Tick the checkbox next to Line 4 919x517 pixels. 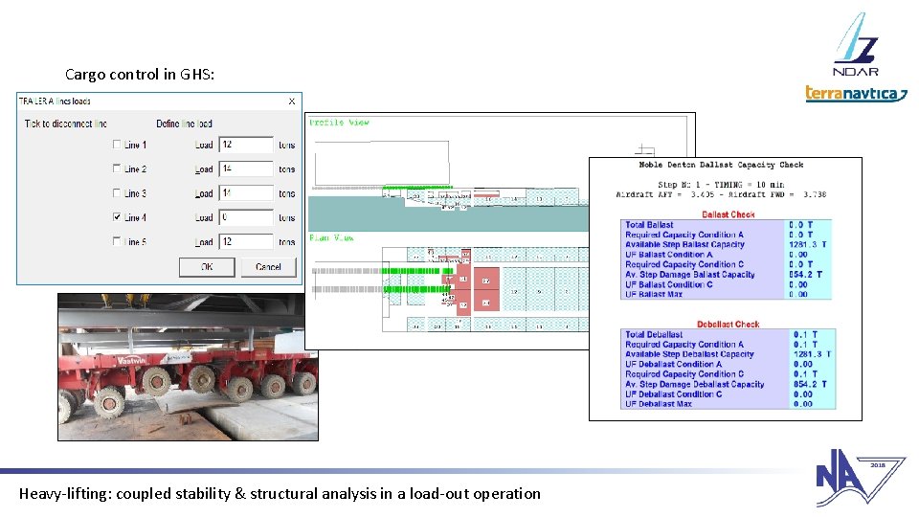[x=117, y=217]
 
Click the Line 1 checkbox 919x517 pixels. [x=117, y=145]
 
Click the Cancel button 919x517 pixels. [x=268, y=267]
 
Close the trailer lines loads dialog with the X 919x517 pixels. [x=292, y=101]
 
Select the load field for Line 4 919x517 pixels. [x=246, y=217]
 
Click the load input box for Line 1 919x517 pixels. [x=246, y=145]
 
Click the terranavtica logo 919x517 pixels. [x=855, y=93]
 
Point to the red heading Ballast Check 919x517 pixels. [x=728, y=214]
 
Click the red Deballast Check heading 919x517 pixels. [x=728, y=325]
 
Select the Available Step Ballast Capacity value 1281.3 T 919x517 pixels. [x=808, y=244]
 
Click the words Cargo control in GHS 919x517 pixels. [x=146, y=74]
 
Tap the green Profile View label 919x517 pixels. [x=339, y=123]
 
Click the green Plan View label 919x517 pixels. [x=331, y=237]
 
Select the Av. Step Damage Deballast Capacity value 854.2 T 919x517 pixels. [x=808, y=384]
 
